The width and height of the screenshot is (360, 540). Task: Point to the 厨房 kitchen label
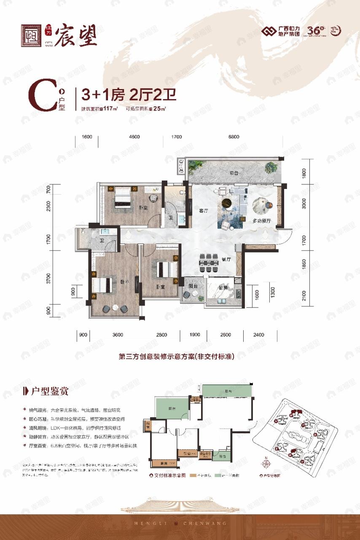coord(223,287)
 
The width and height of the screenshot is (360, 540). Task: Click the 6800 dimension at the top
coord(233,137)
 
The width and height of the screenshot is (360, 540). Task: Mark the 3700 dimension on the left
coord(49,279)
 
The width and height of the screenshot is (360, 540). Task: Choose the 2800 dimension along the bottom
coord(161,335)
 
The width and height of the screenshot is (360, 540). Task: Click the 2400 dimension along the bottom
coord(259,335)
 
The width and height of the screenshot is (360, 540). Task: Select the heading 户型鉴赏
coord(44,391)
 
